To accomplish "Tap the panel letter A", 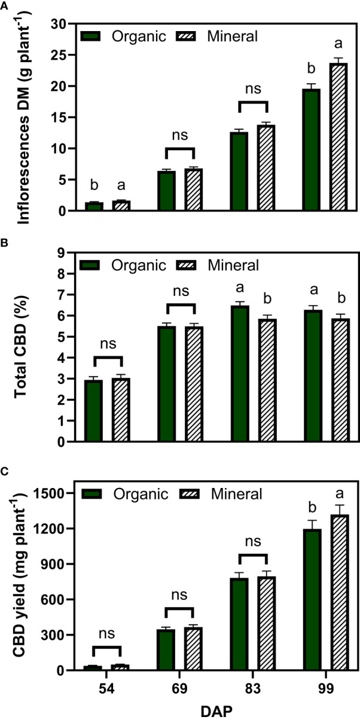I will (5, 6).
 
